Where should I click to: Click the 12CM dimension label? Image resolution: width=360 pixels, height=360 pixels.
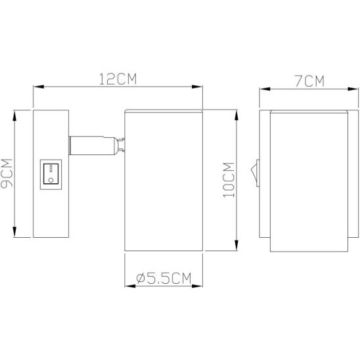(x=118, y=79)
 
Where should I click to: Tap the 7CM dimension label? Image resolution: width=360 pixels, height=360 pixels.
(x=309, y=81)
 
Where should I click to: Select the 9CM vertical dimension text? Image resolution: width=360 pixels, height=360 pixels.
(x=7, y=173)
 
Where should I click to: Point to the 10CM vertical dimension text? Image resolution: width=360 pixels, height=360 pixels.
(x=229, y=180)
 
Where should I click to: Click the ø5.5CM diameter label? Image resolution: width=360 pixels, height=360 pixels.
(x=164, y=279)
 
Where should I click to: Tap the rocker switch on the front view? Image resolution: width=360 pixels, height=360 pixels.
(x=51, y=175)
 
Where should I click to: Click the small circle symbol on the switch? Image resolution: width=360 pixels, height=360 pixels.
(x=51, y=180)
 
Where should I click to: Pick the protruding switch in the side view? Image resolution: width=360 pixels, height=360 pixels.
(x=256, y=173)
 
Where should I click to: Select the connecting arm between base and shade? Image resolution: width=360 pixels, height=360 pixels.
(x=94, y=146)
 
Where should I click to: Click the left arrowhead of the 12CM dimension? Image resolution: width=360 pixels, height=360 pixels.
(x=38, y=87)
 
